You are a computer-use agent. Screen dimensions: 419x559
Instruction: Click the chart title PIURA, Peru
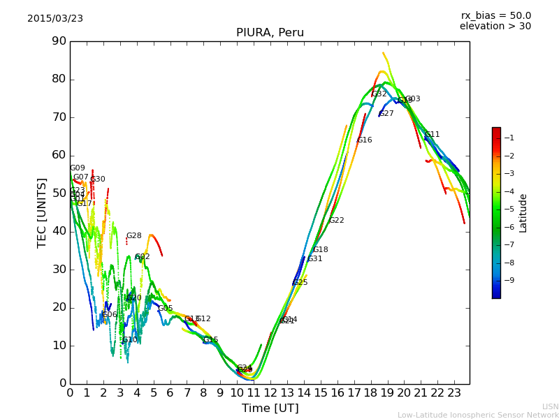[270, 33]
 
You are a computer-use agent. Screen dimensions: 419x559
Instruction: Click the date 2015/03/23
[55, 18]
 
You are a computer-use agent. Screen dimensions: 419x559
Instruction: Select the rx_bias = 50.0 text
[495, 15]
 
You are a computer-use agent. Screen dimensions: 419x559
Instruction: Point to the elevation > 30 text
[495, 27]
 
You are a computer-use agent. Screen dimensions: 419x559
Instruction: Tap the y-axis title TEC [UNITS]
[42, 212]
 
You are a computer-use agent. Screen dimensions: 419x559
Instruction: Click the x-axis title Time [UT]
[270, 409]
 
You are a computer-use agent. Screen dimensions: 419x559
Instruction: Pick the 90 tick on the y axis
[58, 41]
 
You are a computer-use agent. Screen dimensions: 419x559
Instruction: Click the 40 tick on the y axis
[58, 231]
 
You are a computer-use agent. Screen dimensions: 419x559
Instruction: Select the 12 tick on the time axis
[270, 392]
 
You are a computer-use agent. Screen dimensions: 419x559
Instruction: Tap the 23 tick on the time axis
[453, 392]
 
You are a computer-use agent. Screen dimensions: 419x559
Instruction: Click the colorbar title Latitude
[523, 212]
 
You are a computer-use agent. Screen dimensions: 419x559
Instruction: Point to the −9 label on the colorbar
[509, 280]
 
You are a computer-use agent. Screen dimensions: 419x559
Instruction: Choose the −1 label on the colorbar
[509, 138]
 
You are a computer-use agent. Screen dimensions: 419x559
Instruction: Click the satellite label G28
[133, 236]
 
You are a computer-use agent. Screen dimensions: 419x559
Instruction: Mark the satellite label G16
[364, 140]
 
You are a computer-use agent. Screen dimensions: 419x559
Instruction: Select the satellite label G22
[336, 221]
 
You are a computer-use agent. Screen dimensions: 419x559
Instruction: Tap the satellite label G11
[433, 135]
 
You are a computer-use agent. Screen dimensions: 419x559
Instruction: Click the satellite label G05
[165, 309]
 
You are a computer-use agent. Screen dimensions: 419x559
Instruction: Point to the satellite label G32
[379, 94]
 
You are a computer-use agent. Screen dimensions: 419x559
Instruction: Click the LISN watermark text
[550, 406]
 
